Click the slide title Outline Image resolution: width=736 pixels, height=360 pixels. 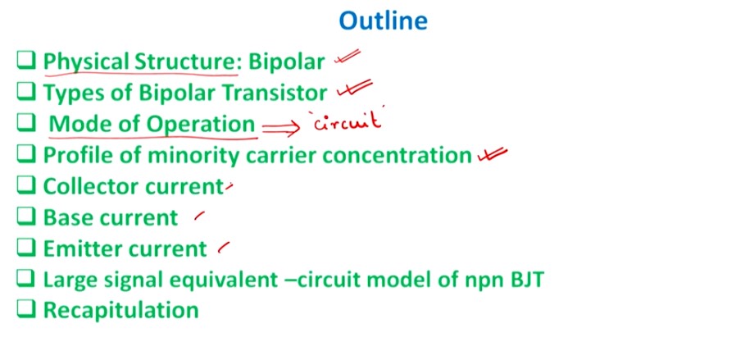click(x=383, y=21)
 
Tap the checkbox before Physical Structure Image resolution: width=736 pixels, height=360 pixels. click(x=26, y=61)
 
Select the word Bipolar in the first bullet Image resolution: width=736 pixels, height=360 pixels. click(x=288, y=62)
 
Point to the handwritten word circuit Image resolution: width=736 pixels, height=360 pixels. click(x=348, y=123)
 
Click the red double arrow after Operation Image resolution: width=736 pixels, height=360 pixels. click(x=281, y=125)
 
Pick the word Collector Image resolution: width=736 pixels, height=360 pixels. click(x=91, y=186)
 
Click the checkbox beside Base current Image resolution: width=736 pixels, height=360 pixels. click(x=26, y=217)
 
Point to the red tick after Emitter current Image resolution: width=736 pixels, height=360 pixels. click(x=223, y=245)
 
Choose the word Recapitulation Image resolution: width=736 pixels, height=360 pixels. click(x=120, y=311)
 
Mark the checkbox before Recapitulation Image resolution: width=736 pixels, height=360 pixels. click(x=26, y=310)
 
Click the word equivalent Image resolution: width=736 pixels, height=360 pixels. click(x=219, y=280)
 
